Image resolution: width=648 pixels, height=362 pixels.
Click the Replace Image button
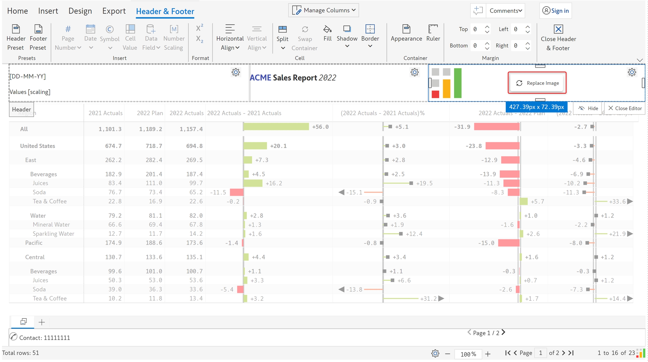click(x=537, y=83)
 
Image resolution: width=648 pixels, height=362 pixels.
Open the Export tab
click(x=114, y=11)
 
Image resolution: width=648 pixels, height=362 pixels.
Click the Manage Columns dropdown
click(x=323, y=10)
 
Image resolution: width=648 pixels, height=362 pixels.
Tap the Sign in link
click(x=556, y=11)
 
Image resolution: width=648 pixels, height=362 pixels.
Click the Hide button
click(x=588, y=108)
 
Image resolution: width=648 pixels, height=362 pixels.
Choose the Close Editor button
click(x=625, y=108)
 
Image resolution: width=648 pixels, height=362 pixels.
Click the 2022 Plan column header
click(x=150, y=113)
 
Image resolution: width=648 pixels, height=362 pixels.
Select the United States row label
click(x=37, y=146)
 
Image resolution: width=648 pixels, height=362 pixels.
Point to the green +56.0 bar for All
click(x=276, y=127)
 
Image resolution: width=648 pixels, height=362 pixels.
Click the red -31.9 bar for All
click(x=496, y=127)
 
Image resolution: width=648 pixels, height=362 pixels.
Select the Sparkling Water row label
click(x=53, y=234)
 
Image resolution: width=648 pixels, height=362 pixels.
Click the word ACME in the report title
click(x=260, y=78)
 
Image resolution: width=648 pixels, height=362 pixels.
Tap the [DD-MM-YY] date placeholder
click(x=28, y=76)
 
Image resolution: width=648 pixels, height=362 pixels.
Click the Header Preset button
click(x=16, y=38)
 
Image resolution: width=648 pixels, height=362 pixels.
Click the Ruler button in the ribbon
click(x=433, y=33)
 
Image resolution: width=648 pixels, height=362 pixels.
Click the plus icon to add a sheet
click(x=42, y=322)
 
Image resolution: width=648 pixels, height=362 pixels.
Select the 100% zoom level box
click(x=468, y=354)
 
